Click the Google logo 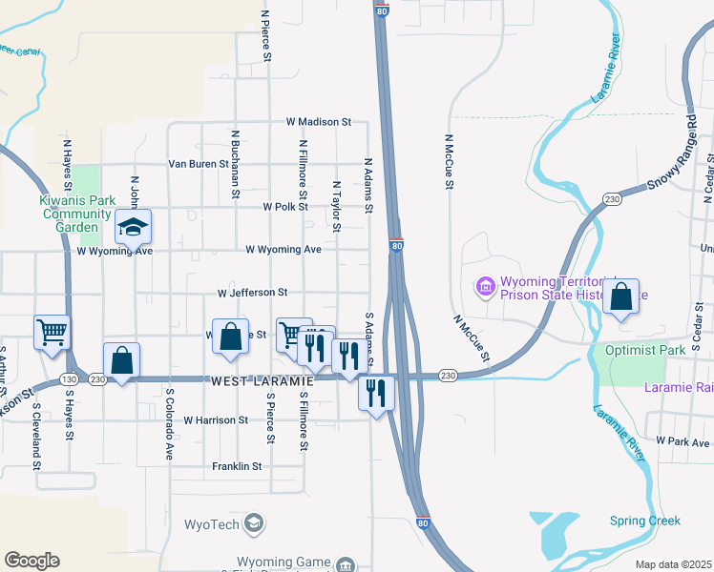(x=31, y=561)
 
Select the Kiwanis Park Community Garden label (x=77, y=214)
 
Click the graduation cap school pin (x=134, y=228)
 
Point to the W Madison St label (x=319, y=122)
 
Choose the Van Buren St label (x=199, y=164)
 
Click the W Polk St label (x=286, y=206)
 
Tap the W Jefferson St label (x=252, y=293)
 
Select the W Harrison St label (x=216, y=419)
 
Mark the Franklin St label (x=237, y=466)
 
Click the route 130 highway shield (x=69, y=378)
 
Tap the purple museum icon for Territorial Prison (x=485, y=286)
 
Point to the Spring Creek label (x=645, y=521)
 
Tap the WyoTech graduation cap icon (x=253, y=523)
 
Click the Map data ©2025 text (x=674, y=564)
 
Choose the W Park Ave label (x=683, y=442)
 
